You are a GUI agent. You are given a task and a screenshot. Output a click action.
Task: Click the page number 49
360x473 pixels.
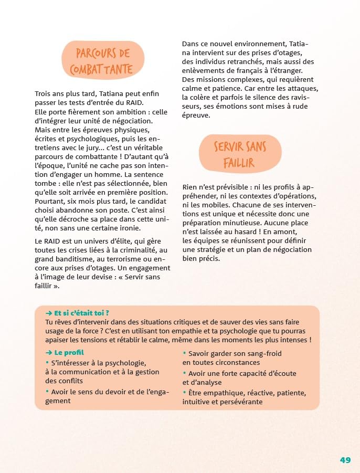[x=345, y=460]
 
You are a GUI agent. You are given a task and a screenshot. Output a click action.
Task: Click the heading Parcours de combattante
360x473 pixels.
[x=102, y=61]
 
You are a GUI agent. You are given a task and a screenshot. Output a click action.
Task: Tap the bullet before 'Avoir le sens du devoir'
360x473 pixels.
[x=47, y=391]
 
